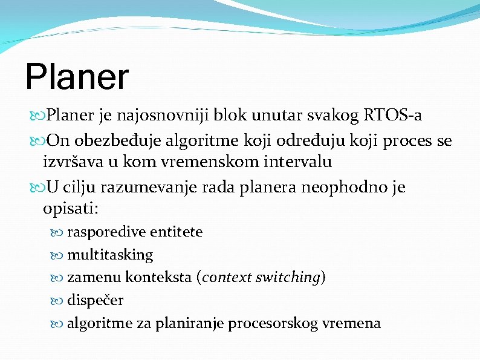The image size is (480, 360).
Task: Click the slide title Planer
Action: tap(77, 77)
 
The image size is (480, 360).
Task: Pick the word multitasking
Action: tap(110, 255)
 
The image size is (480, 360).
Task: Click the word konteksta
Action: tap(159, 278)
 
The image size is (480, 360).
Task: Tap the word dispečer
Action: tap(95, 300)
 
